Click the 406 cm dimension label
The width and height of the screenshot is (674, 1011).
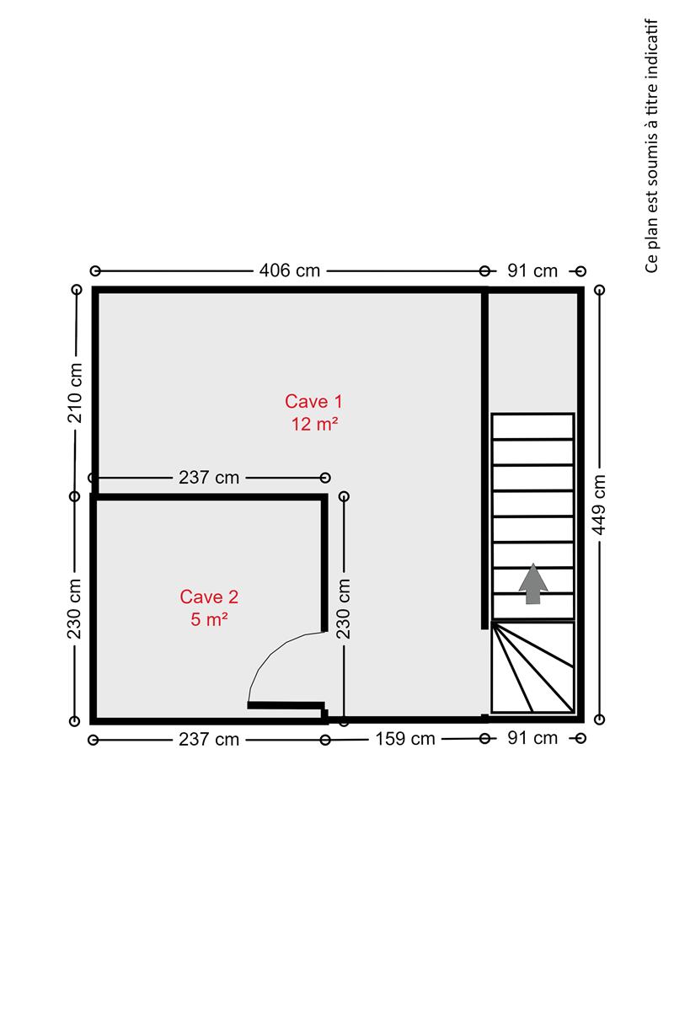coord(289,270)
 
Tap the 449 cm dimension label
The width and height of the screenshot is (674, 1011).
coord(599,505)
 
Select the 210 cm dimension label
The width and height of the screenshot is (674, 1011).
coord(75,393)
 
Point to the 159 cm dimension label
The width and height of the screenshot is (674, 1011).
coord(405,739)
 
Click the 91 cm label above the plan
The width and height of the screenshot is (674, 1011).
coord(532,270)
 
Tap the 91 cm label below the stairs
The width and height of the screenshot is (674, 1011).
coord(532,738)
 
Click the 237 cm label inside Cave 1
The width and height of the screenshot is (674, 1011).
coord(209,478)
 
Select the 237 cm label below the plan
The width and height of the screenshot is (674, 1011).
coord(209,740)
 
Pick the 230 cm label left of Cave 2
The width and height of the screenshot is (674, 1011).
coord(74,608)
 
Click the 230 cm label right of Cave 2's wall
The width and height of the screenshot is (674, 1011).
coord(344,608)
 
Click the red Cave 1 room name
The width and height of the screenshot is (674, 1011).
coord(313,401)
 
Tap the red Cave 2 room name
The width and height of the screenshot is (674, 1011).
coord(209,596)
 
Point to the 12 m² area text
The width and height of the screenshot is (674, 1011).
coord(314,424)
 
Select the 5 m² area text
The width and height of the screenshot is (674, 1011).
coord(209,619)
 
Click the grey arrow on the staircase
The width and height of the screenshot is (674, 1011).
coord(533,583)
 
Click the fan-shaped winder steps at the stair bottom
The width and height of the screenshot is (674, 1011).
coord(532,667)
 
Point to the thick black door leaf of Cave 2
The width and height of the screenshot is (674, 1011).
coord(286,705)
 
